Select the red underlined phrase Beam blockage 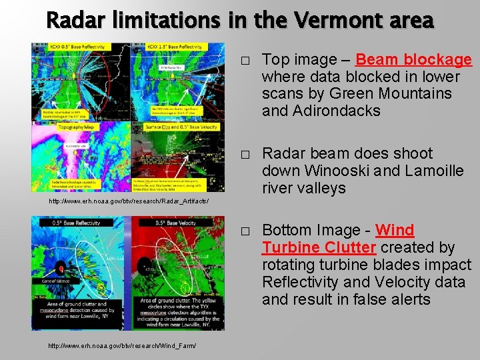tap(413, 60)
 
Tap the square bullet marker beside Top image tap(245, 61)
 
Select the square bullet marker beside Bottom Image tap(245, 231)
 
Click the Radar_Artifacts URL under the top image tap(129, 201)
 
